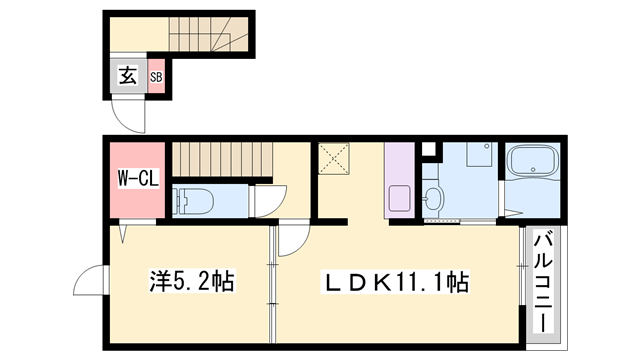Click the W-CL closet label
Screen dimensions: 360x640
tap(136, 180)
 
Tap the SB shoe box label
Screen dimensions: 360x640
tap(157, 76)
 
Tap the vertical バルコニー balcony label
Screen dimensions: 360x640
tap(544, 282)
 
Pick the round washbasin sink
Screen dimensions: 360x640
tap(433, 196)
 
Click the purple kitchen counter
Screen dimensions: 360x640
tap(398, 180)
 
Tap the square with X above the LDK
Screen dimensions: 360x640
tap(333, 158)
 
